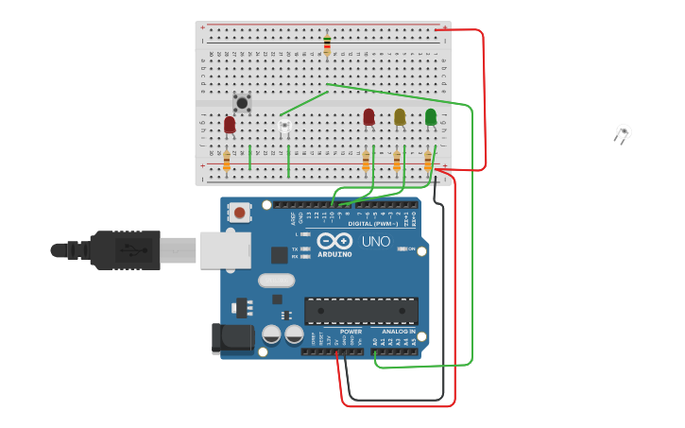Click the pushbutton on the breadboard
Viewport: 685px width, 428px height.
(x=242, y=101)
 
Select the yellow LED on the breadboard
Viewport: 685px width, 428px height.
(x=400, y=116)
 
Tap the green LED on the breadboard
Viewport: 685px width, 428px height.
(x=431, y=116)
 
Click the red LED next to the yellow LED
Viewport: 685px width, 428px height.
(x=368, y=116)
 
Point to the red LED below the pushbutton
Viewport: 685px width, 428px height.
(x=230, y=124)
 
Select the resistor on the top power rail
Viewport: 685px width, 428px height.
(x=327, y=43)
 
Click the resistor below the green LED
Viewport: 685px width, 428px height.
(x=427, y=161)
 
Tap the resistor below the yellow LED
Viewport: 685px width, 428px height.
(x=397, y=161)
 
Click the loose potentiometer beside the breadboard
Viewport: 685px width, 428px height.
(x=623, y=132)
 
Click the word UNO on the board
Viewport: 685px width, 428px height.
(x=376, y=241)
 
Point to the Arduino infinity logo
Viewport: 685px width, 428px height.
(x=334, y=241)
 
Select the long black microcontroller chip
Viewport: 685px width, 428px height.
(x=361, y=311)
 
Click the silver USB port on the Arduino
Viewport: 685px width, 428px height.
(x=226, y=250)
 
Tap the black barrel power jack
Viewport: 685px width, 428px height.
(x=234, y=338)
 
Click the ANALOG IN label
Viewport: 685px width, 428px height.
(x=398, y=332)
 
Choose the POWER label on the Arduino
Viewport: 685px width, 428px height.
(x=351, y=332)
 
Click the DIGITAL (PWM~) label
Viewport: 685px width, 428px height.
(x=373, y=224)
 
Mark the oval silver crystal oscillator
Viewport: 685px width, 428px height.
(x=277, y=280)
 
